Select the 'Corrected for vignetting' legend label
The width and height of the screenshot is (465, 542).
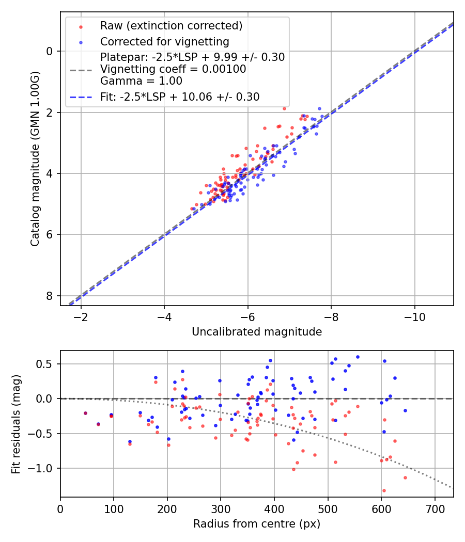click(x=164, y=41)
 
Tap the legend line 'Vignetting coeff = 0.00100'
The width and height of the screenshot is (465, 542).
click(x=173, y=69)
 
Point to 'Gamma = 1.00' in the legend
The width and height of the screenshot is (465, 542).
click(x=141, y=81)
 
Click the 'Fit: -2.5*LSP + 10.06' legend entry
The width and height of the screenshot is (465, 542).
click(x=180, y=97)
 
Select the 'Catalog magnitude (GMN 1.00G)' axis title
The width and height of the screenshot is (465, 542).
click(x=35, y=158)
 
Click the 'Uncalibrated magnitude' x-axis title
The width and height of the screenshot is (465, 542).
click(x=257, y=332)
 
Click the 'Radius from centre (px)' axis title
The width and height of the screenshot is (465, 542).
click(x=257, y=524)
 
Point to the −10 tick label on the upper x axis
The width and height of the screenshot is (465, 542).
click(x=414, y=316)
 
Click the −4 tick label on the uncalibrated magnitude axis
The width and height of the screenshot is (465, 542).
click(x=164, y=316)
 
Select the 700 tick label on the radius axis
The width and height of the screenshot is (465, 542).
click(x=435, y=508)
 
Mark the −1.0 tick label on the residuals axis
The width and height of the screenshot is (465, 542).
click(x=44, y=468)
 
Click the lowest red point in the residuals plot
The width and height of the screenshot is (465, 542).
click(x=384, y=490)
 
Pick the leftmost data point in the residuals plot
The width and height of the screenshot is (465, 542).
click(x=85, y=413)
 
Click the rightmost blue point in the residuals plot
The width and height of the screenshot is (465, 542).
click(x=405, y=410)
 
